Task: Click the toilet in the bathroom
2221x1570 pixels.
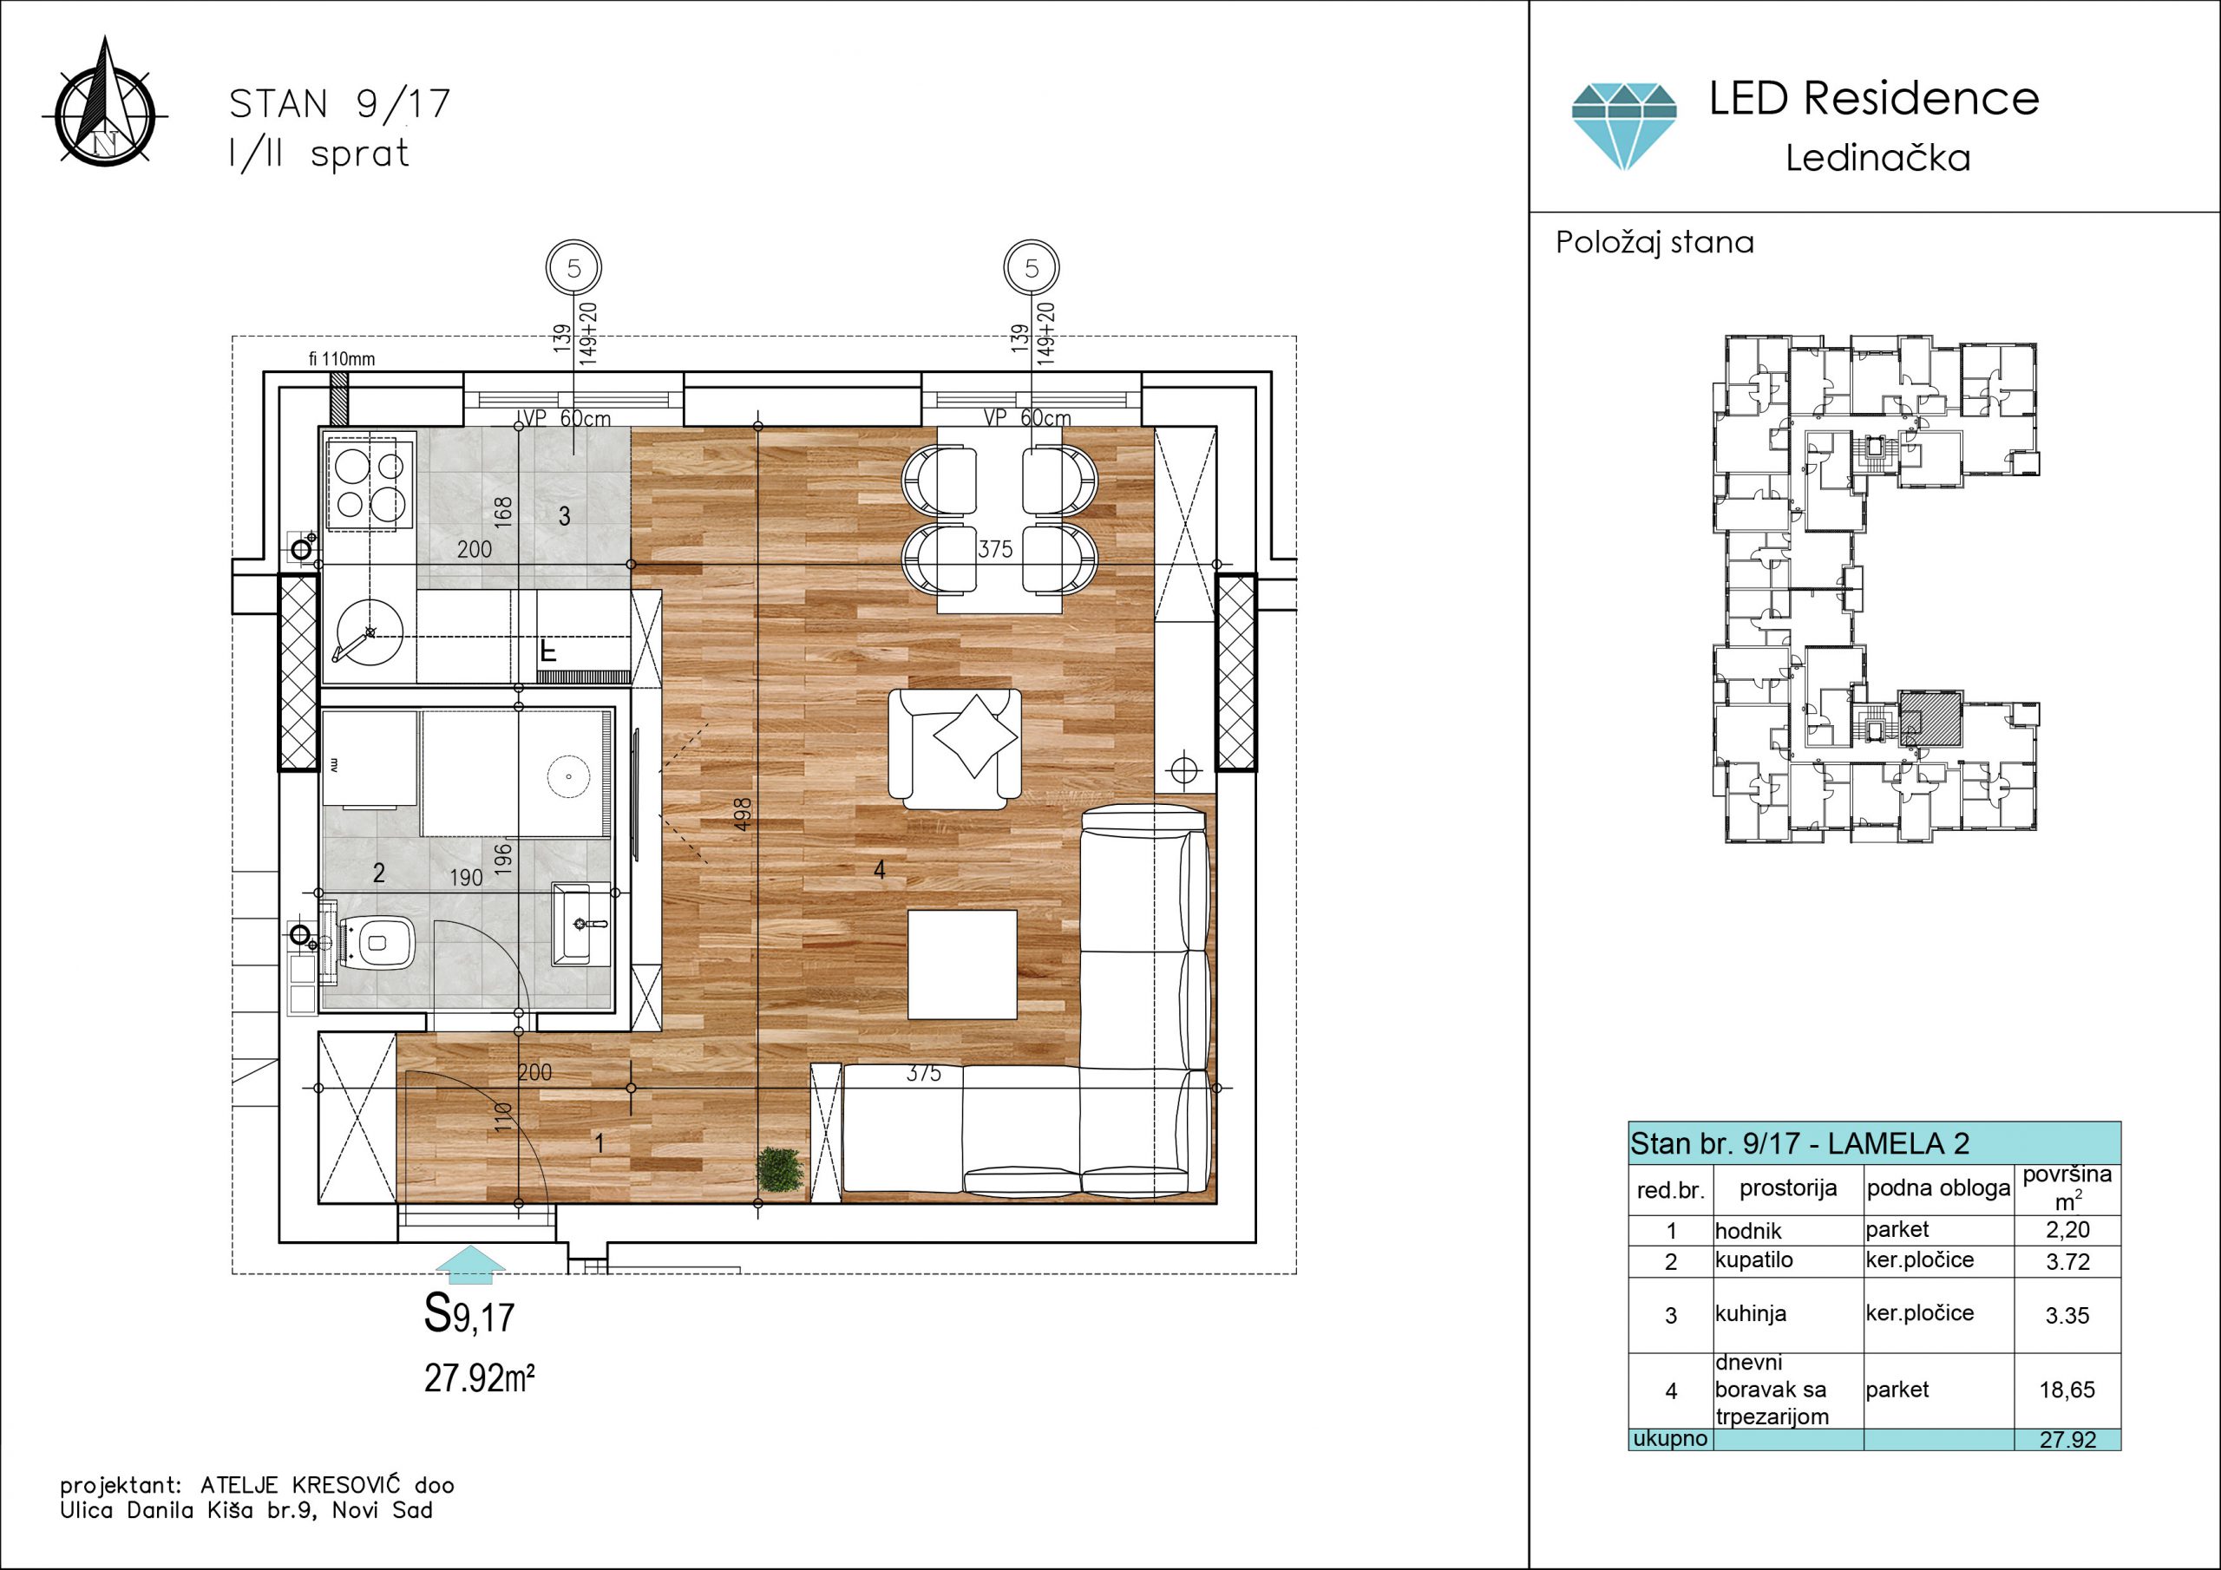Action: point(372,940)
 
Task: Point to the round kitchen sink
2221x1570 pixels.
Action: point(368,631)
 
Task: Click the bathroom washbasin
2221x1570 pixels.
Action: point(580,924)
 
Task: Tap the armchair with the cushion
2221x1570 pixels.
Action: point(954,748)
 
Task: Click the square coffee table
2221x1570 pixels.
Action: point(961,965)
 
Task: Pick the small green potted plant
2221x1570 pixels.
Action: point(781,1170)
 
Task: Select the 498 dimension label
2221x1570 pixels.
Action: point(743,814)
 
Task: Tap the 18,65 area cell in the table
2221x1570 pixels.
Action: point(2067,1390)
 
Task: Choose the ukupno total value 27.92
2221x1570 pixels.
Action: point(2067,1439)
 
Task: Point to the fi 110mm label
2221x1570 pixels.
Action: point(342,359)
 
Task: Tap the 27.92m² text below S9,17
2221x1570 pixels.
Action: point(480,1377)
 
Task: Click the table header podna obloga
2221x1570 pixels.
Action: point(1937,1187)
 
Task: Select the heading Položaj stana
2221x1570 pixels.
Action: point(1654,242)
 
